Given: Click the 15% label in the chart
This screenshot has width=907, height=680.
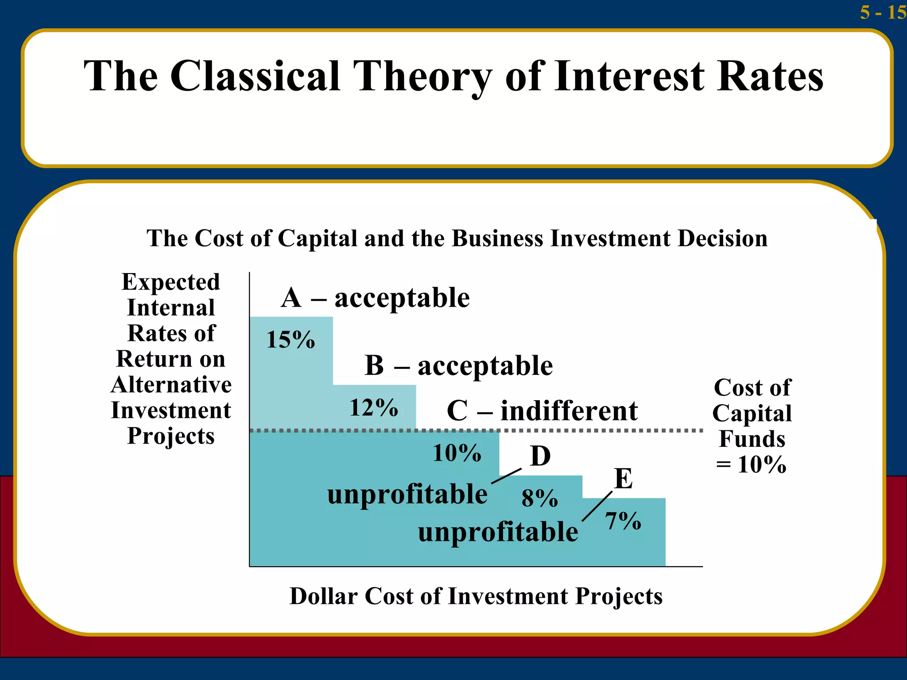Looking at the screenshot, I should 291,340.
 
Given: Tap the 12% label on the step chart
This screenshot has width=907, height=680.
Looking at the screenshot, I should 374,408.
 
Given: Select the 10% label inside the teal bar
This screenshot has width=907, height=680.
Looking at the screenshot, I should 457,453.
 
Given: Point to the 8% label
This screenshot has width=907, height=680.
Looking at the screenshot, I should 539,498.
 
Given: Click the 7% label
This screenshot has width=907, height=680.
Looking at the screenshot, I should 623,521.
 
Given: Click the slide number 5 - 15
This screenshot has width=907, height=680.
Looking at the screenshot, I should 883,12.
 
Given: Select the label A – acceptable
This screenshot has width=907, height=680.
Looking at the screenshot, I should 375,297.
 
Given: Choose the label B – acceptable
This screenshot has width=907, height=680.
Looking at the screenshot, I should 458,366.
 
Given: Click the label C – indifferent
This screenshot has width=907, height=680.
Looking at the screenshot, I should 542,411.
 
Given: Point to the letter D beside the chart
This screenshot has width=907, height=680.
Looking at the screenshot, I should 540,456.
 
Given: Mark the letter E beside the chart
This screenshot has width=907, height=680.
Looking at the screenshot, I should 624,479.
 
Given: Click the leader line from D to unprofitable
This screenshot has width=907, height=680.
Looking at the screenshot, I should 506,476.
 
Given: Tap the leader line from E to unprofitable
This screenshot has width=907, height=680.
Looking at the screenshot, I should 597,506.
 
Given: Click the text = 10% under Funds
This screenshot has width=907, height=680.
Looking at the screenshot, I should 751,465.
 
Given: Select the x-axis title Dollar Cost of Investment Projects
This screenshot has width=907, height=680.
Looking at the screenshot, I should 476,596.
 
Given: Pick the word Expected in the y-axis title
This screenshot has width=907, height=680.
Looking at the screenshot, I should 171,282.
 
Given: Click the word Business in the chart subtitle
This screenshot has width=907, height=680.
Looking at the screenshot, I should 496,239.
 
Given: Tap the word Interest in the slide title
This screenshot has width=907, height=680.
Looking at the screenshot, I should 629,76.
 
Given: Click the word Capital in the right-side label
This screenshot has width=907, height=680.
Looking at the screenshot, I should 752,413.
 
